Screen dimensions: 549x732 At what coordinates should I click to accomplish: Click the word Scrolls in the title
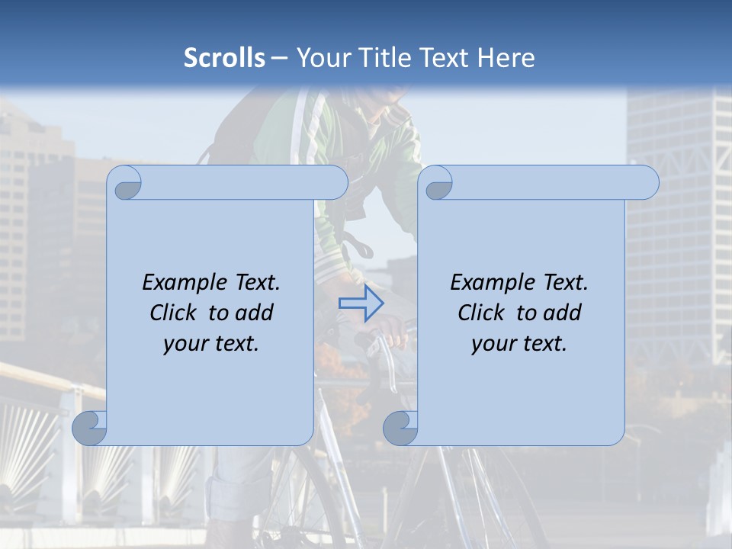click(224, 58)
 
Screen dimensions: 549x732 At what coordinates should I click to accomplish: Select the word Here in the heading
click(506, 58)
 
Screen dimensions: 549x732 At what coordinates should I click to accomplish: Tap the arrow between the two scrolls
click(361, 303)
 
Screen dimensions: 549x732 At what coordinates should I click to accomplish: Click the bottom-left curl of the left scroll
click(90, 429)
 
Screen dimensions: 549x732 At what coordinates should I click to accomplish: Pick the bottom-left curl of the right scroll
click(400, 429)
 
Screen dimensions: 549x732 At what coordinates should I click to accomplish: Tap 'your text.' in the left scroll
click(210, 343)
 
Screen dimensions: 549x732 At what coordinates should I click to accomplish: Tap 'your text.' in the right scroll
click(518, 343)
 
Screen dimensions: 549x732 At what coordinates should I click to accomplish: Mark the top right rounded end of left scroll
click(335, 183)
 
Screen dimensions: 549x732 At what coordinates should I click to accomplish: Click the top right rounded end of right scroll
click(647, 183)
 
